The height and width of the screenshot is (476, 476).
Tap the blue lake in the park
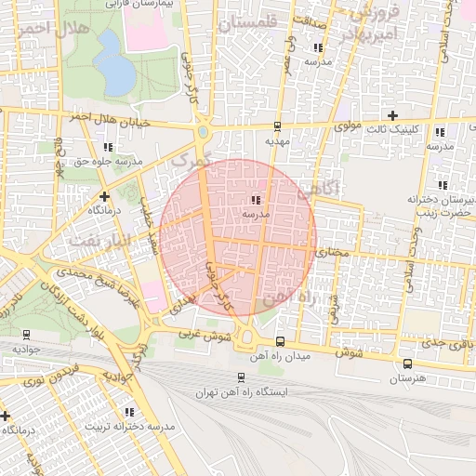coord(112,63)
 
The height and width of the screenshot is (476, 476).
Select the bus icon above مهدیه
coord(277,127)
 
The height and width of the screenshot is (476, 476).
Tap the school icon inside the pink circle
coord(255,199)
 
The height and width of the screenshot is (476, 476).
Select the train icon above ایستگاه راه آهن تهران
coord(241,378)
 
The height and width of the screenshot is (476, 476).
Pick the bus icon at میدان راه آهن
coord(281,342)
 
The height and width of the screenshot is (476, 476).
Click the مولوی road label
coord(347,124)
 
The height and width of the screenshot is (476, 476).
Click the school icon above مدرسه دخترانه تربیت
coord(129,411)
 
